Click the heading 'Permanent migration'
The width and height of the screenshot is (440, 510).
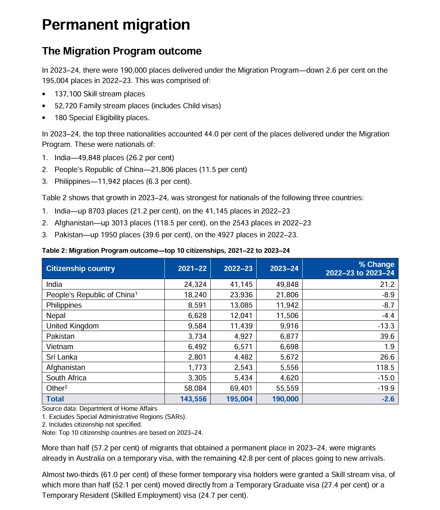tap(116, 25)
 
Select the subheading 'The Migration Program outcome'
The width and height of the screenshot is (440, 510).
tap(122, 51)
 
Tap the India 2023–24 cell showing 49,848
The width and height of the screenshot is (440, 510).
tap(284, 284)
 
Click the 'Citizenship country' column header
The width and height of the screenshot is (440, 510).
tap(80, 268)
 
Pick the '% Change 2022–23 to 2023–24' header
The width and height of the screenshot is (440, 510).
tap(360, 269)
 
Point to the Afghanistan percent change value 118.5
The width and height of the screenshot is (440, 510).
tap(385, 367)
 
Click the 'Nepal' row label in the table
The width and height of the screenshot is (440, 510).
tap(56, 315)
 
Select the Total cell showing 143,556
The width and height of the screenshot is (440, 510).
tap(193, 399)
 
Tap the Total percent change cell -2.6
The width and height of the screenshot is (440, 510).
tap(388, 399)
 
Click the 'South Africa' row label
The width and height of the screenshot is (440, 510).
tap(66, 378)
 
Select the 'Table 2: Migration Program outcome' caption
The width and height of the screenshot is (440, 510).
tap(166, 251)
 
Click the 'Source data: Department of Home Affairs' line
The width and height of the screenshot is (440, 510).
tap(100, 408)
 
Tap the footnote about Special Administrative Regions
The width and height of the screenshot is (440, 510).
tap(114, 417)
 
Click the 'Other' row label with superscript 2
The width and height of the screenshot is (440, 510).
tap(57, 388)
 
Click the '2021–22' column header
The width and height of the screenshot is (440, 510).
tap(192, 268)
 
